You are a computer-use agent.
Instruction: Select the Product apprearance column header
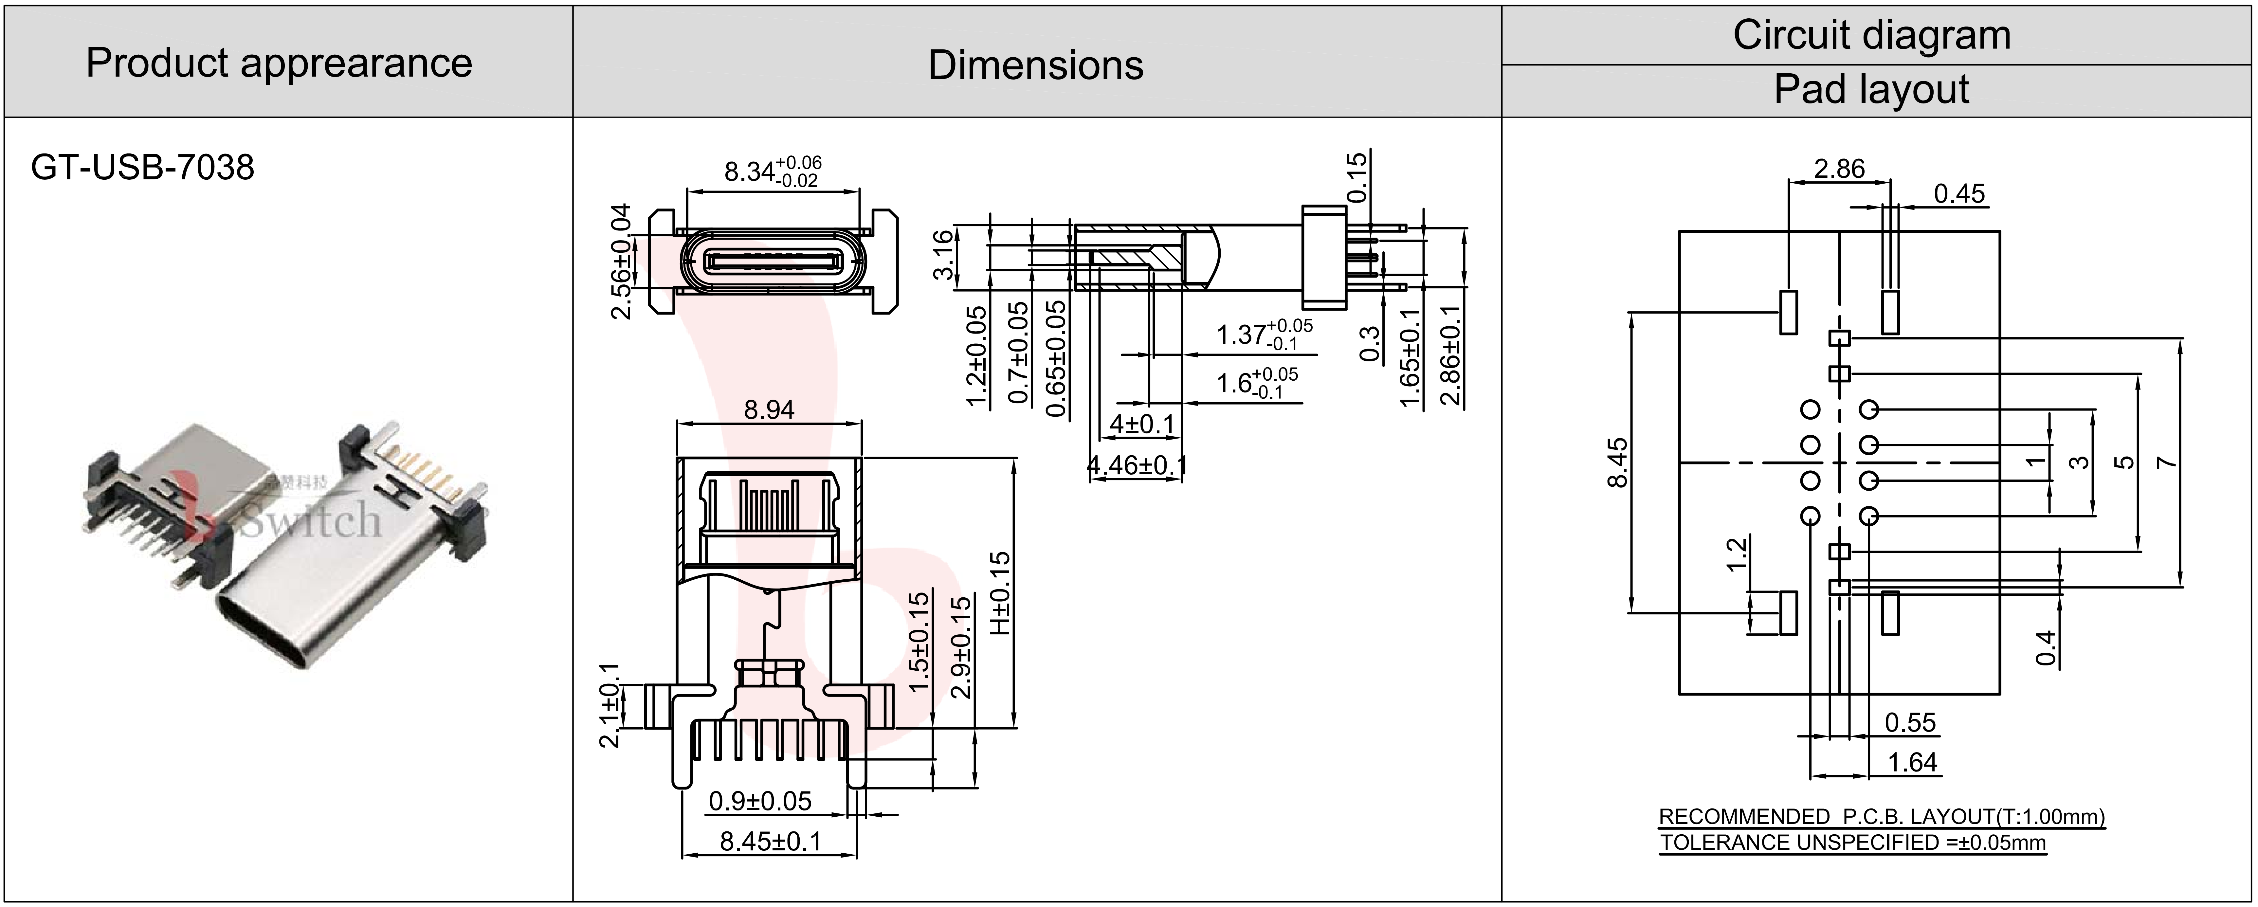(279, 63)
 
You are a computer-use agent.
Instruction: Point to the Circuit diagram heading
(1871, 35)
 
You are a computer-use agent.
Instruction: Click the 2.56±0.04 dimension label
(621, 261)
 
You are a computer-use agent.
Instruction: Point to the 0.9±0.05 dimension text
(760, 801)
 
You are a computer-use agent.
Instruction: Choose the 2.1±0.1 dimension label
(609, 705)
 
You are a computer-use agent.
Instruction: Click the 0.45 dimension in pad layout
(1959, 194)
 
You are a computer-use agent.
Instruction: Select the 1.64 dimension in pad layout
(1912, 762)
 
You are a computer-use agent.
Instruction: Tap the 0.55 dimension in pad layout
(1910, 723)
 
